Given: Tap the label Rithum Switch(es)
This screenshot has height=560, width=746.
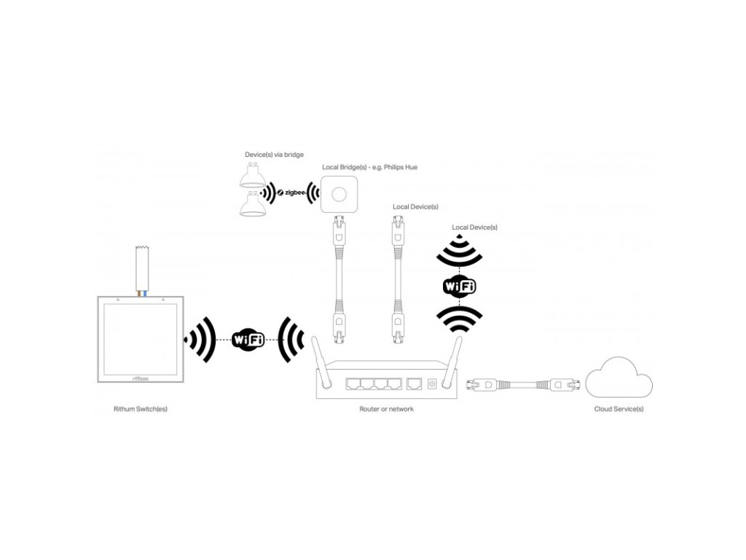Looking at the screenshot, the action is pos(140,409).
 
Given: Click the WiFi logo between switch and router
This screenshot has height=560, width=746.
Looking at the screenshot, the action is pos(248,338).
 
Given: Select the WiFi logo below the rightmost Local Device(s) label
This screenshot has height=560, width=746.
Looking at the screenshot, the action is pos(459,286).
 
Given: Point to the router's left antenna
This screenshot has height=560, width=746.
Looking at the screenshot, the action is pos(320,362).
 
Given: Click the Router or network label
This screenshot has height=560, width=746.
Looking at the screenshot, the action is pos(386,409).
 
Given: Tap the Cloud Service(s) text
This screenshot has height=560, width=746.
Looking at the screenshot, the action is pos(619,409).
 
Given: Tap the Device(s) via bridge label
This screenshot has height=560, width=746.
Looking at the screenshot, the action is pos(274,155).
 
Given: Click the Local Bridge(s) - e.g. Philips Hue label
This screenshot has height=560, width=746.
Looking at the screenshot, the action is pos(370,167).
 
